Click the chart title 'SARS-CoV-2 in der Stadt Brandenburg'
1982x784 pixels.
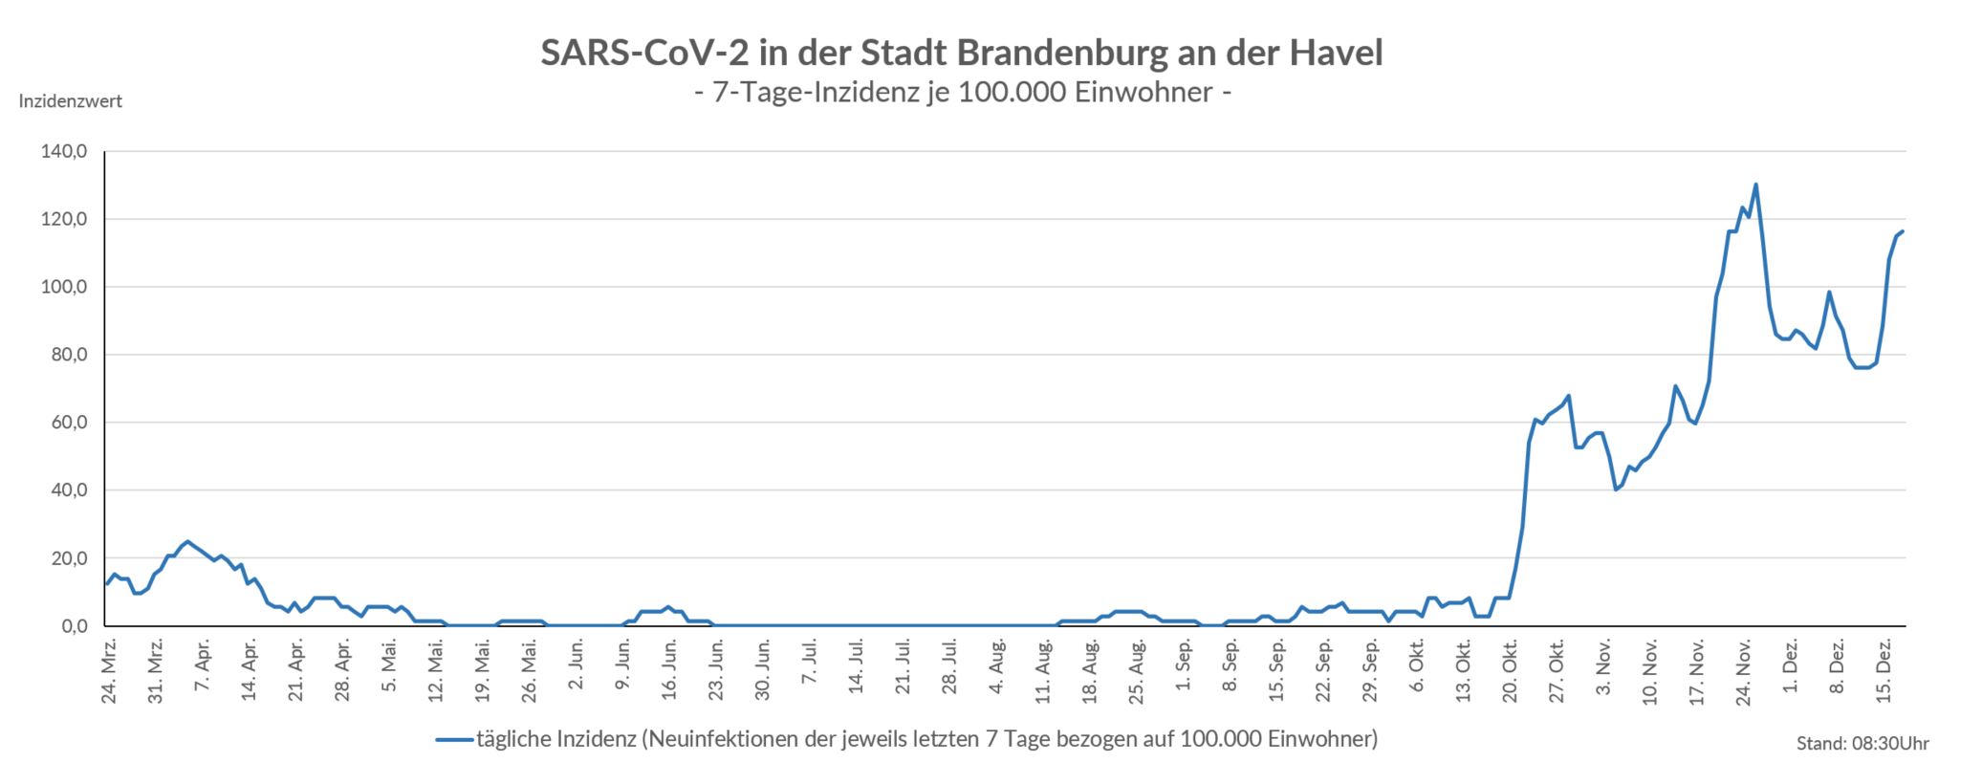pyautogui.click(x=961, y=53)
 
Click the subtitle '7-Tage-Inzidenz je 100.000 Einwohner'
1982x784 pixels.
pyautogui.click(x=961, y=93)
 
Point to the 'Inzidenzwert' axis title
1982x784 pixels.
pyautogui.click(x=71, y=101)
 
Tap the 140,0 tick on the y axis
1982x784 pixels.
pyautogui.click(x=64, y=151)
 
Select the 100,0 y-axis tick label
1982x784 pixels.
pyautogui.click(x=64, y=287)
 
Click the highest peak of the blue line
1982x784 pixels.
pyautogui.click(x=1755, y=185)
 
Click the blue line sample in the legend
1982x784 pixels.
pyautogui.click(x=455, y=739)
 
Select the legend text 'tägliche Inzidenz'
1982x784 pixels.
pyautogui.click(x=555, y=739)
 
